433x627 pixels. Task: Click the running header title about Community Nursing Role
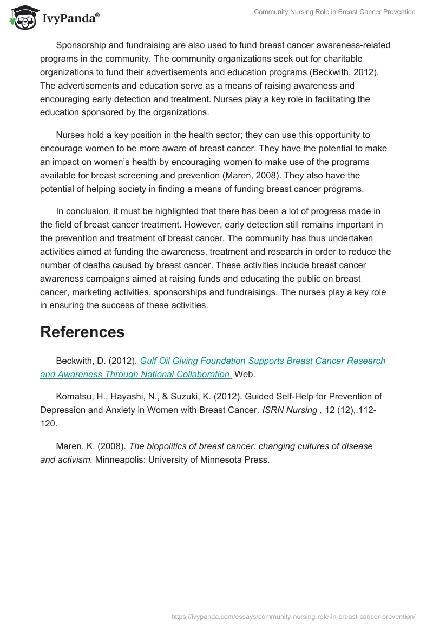[x=334, y=12]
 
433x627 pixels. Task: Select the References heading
[x=82, y=332]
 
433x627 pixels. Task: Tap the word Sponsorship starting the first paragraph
[x=82, y=45]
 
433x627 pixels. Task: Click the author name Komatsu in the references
[x=76, y=397]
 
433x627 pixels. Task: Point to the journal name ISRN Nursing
[x=290, y=411]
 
